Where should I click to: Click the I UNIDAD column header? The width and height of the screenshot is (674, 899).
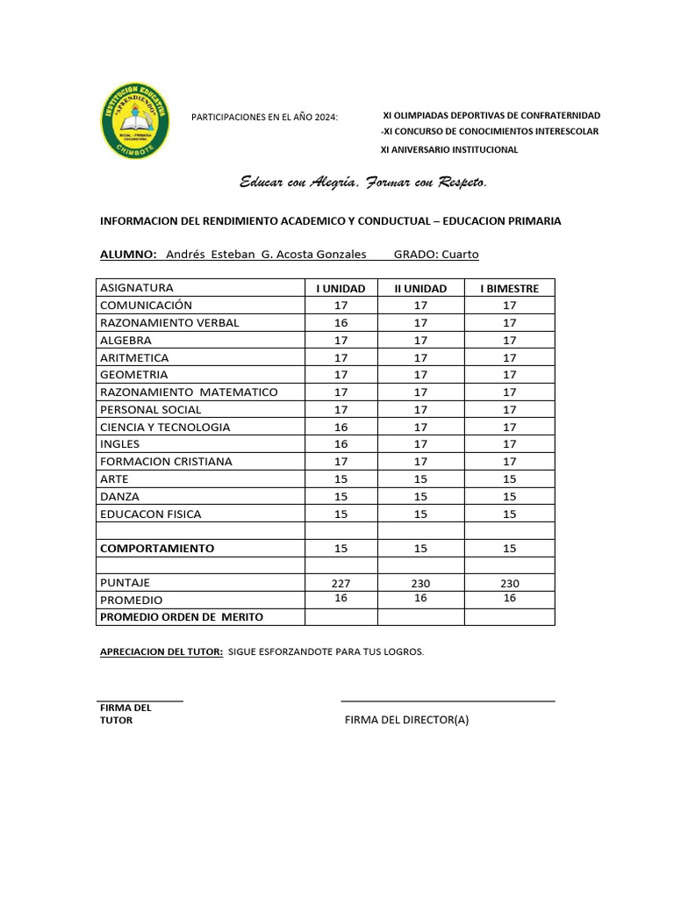341,288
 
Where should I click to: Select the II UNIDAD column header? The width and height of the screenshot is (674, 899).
420,288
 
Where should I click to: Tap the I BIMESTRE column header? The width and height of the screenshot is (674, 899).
509,288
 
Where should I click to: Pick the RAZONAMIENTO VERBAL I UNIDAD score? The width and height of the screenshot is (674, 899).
341,323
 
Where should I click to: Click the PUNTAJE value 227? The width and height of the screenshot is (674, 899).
341,583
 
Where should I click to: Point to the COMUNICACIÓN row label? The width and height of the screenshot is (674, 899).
146,306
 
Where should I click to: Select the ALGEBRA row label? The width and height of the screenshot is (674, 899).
125,341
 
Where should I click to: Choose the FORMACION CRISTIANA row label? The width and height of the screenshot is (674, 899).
166,462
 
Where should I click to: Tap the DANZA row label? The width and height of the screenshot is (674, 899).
119,497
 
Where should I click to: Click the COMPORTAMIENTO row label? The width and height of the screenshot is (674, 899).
157,548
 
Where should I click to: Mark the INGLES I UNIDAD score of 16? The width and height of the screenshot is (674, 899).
341,444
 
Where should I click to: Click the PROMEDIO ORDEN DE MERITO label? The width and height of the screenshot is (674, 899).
182,617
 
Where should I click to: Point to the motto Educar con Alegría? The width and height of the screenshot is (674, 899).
362,183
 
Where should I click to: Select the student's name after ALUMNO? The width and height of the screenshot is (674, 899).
266,255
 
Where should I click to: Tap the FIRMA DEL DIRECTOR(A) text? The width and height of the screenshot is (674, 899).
407,721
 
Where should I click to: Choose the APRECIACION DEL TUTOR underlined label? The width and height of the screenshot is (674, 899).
161,652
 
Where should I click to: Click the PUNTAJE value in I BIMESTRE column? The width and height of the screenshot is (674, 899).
509,583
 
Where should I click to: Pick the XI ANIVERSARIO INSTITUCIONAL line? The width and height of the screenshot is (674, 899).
448,149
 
